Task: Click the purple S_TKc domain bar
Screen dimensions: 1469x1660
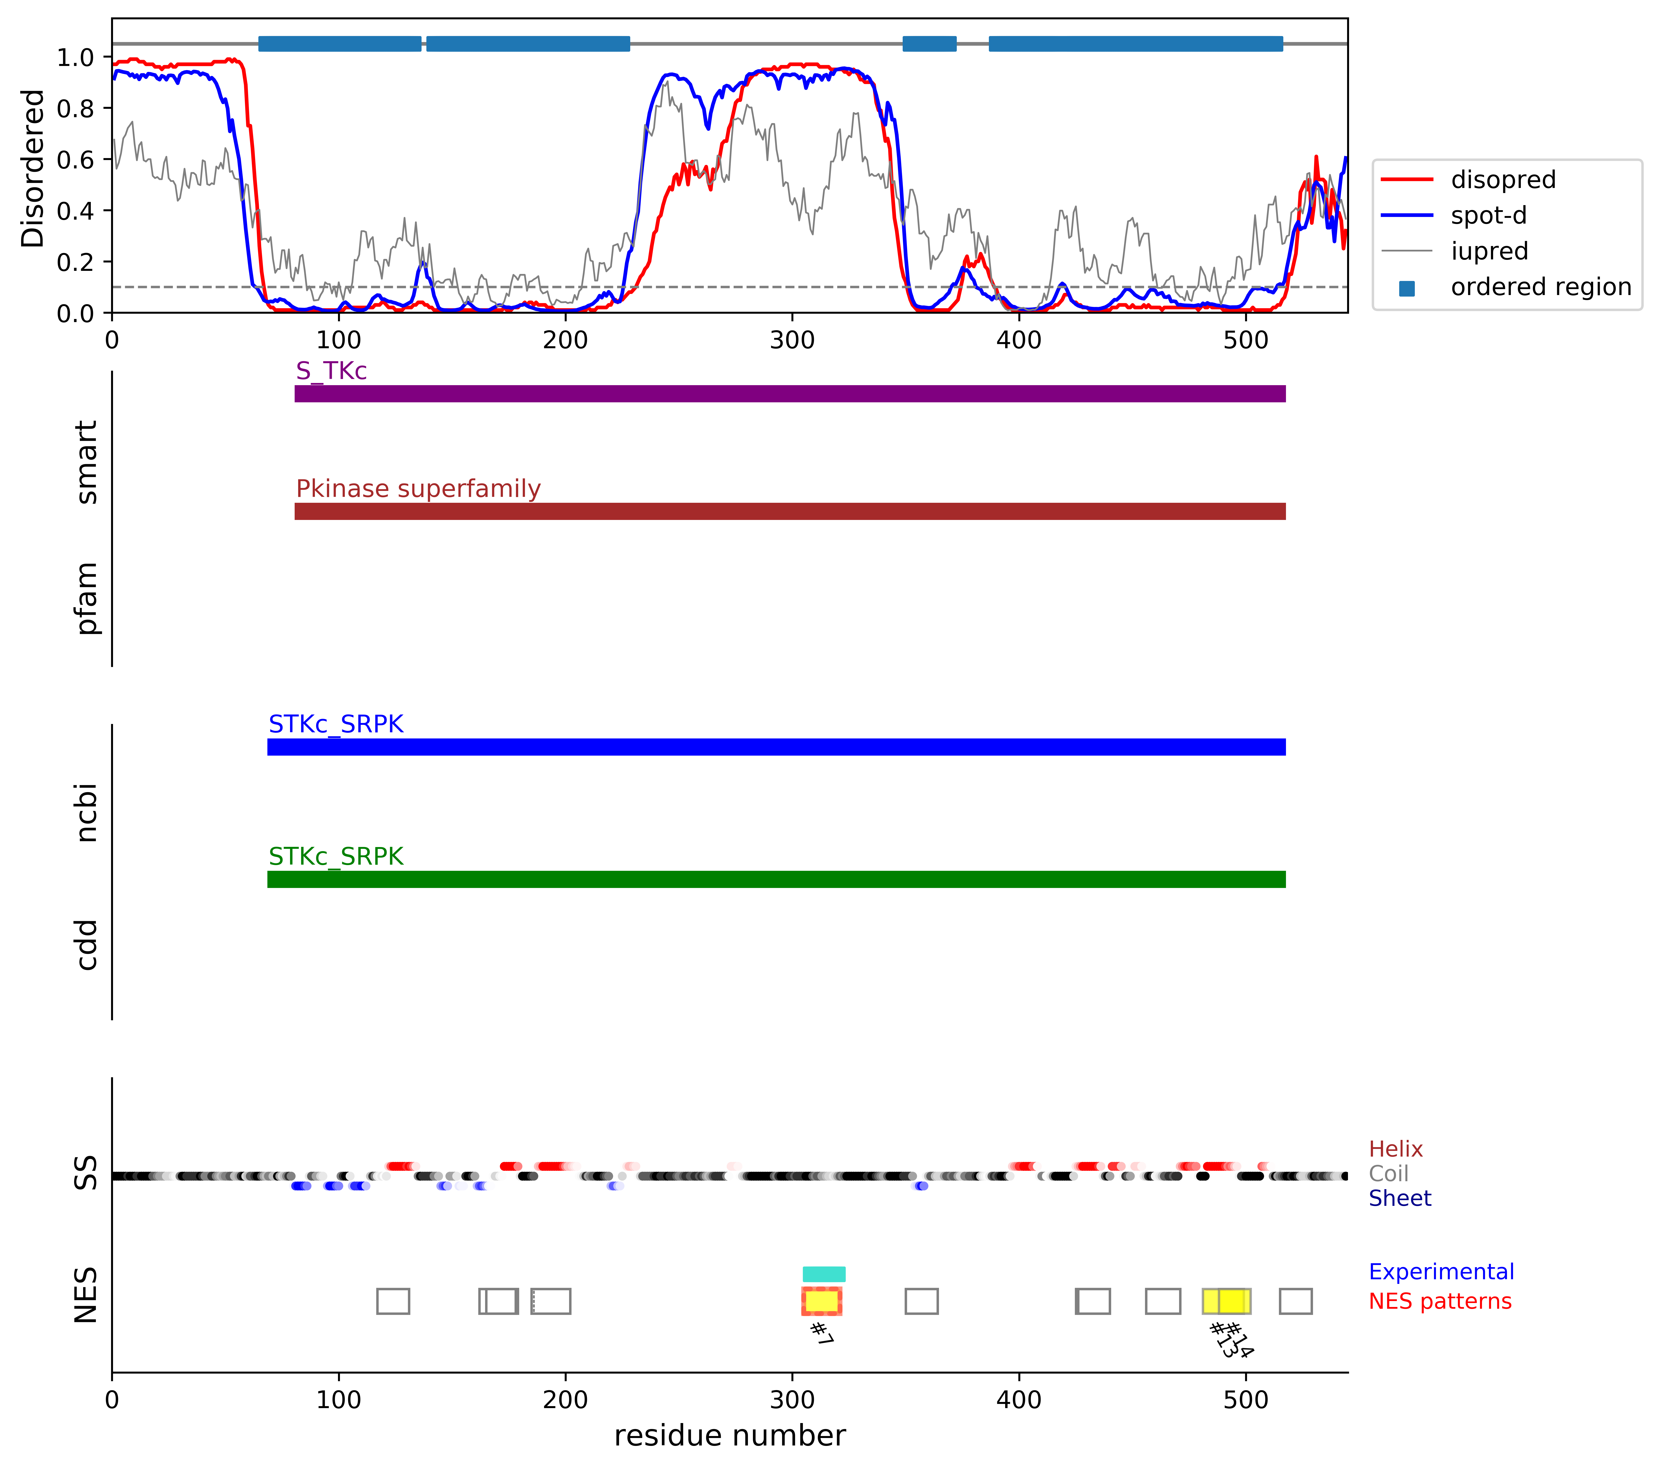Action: [x=789, y=394]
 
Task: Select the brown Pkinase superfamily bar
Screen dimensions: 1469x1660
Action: [x=789, y=511]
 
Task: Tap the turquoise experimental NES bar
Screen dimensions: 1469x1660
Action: [x=824, y=1274]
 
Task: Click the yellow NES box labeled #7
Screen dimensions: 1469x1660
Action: [x=821, y=1301]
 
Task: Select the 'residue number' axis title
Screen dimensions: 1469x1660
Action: [x=729, y=1436]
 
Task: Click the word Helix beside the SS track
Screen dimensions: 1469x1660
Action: [x=1395, y=1149]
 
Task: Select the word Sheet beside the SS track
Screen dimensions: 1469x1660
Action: [x=1399, y=1199]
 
